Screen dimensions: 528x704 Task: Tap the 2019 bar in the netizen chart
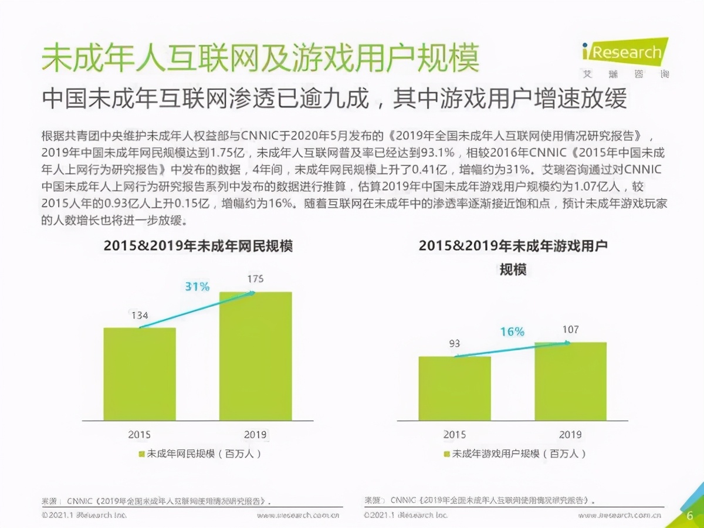255,356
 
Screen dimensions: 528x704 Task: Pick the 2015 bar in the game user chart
455,388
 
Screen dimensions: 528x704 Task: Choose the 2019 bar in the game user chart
570,381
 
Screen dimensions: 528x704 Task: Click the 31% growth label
197,287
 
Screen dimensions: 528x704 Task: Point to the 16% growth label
512,332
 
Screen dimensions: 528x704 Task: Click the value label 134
139,316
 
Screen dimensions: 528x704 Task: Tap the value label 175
255,279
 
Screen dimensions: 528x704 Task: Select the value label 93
454,344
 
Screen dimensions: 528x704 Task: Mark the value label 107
570,330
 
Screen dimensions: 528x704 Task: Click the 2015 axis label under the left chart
140,435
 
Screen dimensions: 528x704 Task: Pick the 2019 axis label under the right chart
570,435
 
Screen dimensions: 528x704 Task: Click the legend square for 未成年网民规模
141,453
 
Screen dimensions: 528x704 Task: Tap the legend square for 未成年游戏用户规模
447,453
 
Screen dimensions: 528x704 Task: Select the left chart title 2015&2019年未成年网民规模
198,246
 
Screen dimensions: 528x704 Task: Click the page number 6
690,516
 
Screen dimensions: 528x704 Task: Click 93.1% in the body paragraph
435,153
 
